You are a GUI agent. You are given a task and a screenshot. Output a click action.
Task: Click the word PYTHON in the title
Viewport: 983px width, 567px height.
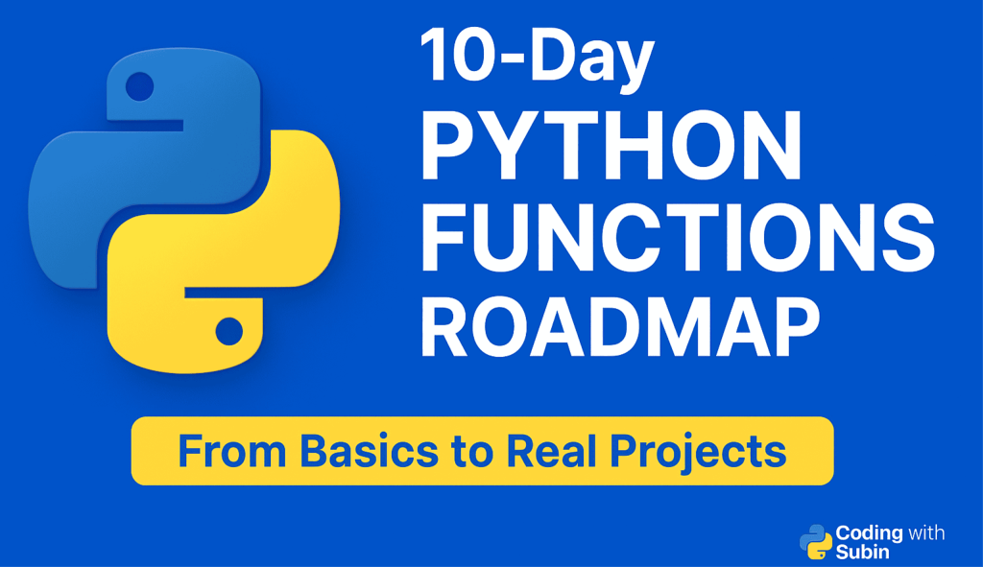click(611, 146)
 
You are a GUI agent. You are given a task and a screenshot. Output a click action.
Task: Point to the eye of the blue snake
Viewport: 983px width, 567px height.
click(140, 86)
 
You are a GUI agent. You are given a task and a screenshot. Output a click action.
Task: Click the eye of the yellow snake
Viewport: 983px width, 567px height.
click(228, 332)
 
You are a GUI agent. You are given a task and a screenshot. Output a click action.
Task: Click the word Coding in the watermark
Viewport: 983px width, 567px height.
click(869, 532)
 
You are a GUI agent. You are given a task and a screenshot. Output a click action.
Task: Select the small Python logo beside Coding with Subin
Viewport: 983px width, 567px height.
click(815, 541)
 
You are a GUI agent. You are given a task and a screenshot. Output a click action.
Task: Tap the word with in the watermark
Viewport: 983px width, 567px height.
click(925, 532)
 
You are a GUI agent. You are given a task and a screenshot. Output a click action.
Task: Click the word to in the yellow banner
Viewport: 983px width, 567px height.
click(472, 452)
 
